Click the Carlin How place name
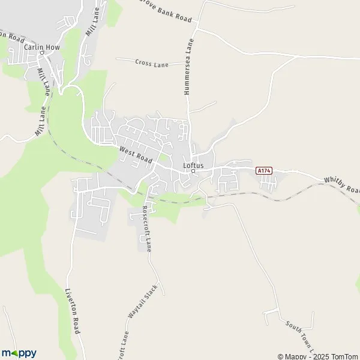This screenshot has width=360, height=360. tap(39, 46)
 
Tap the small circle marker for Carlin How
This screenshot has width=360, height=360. tap(43, 52)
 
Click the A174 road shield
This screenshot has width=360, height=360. tap(264, 171)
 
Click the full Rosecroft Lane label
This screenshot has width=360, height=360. tap(148, 228)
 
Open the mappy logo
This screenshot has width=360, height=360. tap(19, 352)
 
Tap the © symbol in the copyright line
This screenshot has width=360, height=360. tap(280, 356)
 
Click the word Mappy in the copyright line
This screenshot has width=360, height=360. tap(294, 356)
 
